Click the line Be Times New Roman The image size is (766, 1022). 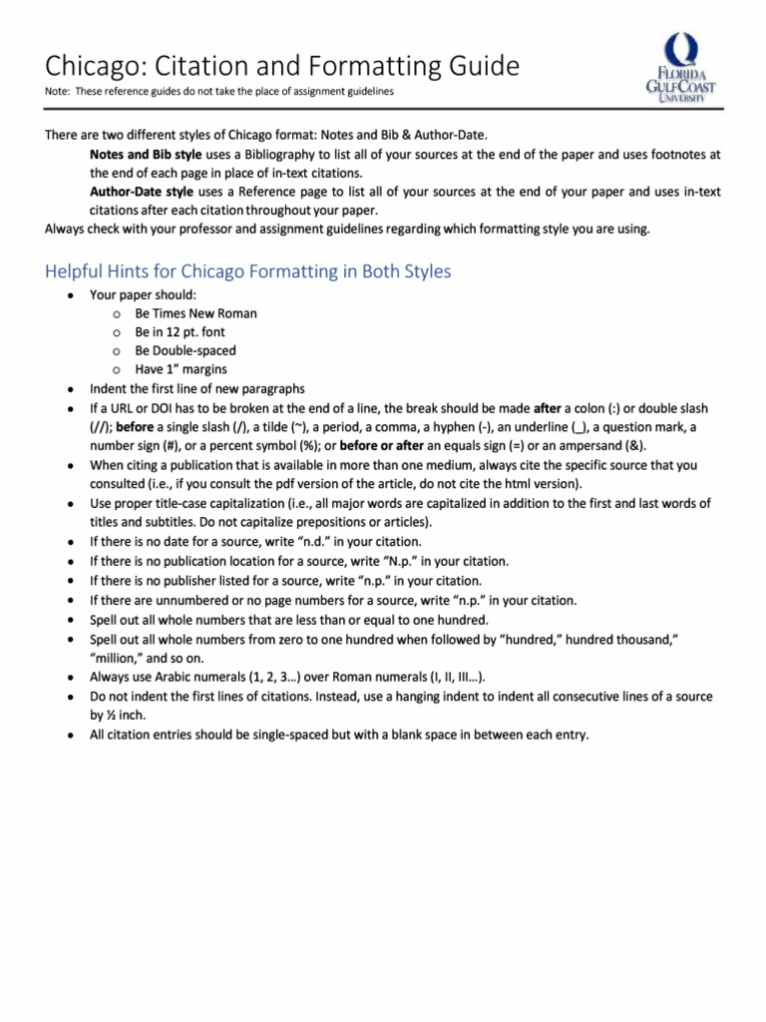point(195,313)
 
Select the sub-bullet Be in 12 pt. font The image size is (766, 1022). point(182,332)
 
